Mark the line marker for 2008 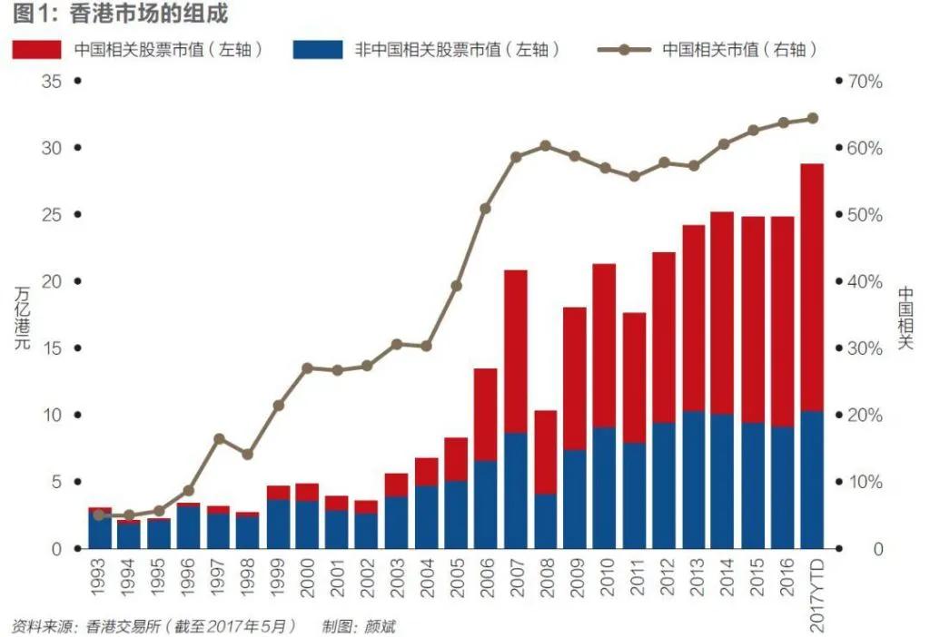545,145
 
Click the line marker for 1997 219,439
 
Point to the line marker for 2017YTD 812,118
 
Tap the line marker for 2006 485,209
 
